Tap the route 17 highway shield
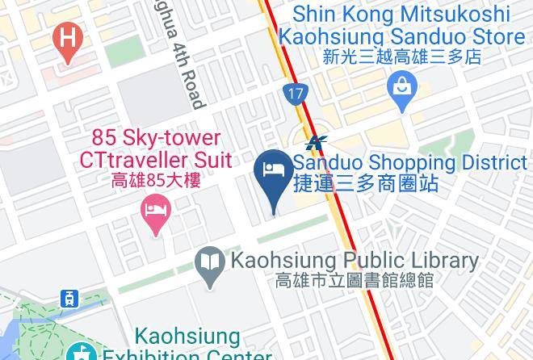coord(296,94)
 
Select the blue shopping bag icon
coord(401,90)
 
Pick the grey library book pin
coord(210,264)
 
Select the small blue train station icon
coord(70,298)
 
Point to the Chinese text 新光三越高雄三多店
coord(401,57)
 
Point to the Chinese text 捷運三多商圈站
coord(366,183)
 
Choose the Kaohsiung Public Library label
coord(355,261)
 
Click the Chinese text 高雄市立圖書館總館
coord(355,281)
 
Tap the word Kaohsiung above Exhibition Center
coord(187,336)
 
